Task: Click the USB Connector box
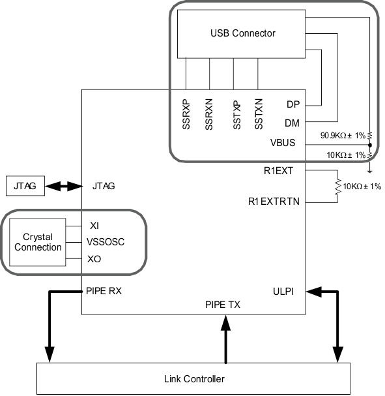point(243,33)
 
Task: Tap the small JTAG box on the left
point(25,186)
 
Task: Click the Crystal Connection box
point(37,242)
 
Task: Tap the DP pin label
point(292,104)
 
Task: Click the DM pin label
point(292,122)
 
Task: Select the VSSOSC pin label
point(106,242)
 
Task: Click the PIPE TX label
point(223,304)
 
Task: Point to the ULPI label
point(284,292)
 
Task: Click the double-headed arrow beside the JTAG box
point(64,186)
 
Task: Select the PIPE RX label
point(103,292)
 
